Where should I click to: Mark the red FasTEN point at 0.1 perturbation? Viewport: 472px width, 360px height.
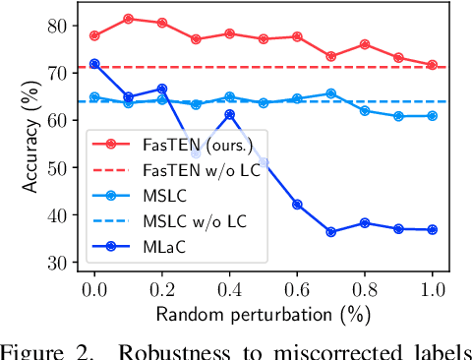[129, 19]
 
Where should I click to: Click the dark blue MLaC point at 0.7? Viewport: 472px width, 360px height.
[331, 232]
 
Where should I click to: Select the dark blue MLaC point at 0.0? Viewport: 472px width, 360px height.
[94, 64]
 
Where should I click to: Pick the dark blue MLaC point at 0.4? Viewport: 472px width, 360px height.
[230, 114]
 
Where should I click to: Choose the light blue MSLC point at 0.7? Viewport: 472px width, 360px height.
[331, 93]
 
